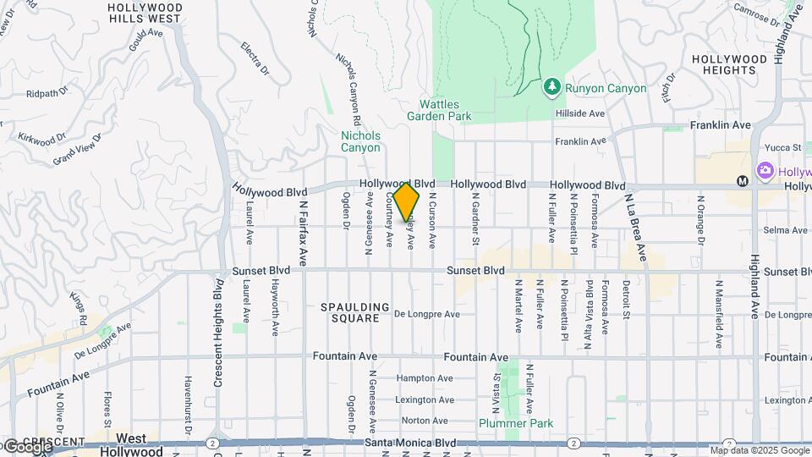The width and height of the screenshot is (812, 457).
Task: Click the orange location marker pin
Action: (x=407, y=201)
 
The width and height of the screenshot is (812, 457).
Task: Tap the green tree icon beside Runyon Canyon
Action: (x=551, y=86)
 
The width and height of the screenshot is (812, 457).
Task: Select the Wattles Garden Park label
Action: (x=438, y=110)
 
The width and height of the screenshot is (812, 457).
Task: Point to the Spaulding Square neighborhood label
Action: (x=355, y=312)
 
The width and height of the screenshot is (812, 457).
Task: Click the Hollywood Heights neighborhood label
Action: (x=729, y=65)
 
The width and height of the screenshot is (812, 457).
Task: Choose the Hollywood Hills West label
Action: (x=145, y=12)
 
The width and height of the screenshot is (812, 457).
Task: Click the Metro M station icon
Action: (x=742, y=180)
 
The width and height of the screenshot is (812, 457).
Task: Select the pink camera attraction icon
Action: (x=765, y=172)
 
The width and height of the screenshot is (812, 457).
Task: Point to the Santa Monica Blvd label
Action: (x=410, y=443)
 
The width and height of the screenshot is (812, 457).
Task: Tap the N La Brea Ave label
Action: (x=635, y=228)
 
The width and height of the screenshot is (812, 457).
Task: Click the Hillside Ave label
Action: (x=579, y=113)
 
